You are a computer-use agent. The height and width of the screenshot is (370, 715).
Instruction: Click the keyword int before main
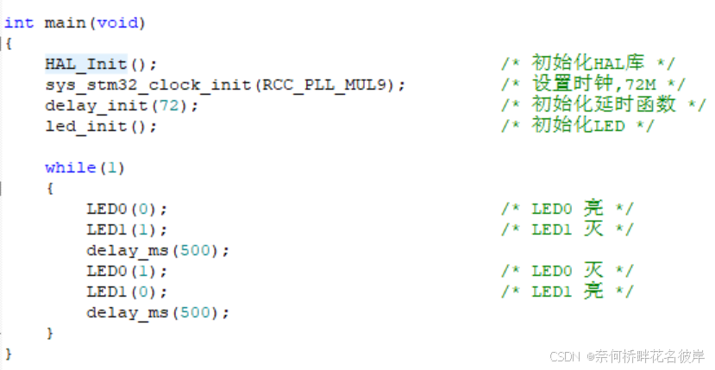(x=18, y=22)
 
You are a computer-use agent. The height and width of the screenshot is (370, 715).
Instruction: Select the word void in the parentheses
(x=116, y=22)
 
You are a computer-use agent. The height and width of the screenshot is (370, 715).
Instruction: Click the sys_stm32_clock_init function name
(x=142, y=85)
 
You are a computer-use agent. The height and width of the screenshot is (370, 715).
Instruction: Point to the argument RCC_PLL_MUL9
(x=336, y=85)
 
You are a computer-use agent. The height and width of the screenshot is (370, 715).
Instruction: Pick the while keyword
(x=70, y=167)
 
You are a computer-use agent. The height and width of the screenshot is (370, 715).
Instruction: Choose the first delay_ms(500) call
(x=158, y=250)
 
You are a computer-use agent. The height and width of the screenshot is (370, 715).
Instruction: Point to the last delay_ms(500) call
(x=158, y=312)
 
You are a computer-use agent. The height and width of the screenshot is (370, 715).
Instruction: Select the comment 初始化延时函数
(x=603, y=105)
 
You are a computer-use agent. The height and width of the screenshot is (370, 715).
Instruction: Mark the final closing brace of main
(x=9, y=353)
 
